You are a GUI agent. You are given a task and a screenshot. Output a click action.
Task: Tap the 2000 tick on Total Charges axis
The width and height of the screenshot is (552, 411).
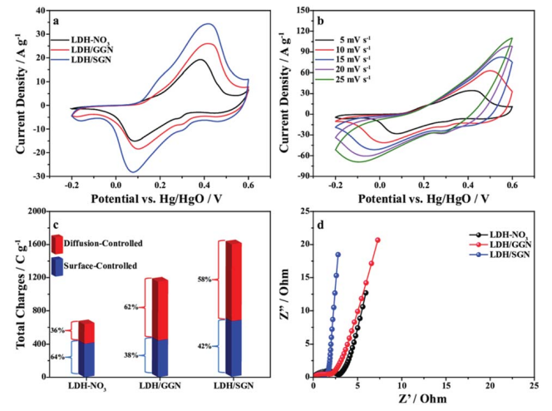(x=35, y=211)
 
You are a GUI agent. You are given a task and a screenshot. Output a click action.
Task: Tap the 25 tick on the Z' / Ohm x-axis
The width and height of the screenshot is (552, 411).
(x=533, y=384)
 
